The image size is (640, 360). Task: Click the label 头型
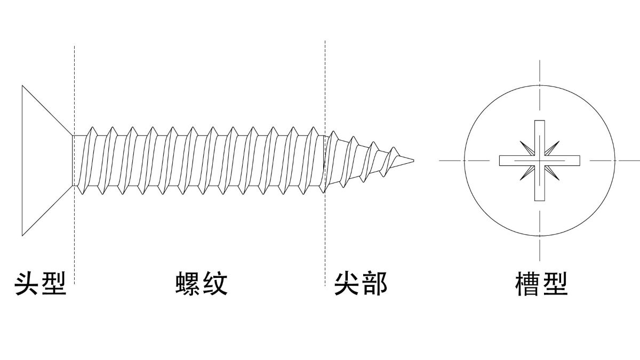[41, 284]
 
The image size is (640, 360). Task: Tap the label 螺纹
[202, 284]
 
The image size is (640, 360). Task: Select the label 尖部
[361, 284]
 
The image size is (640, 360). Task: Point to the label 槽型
[541, 284]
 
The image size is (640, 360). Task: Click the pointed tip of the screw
[414, 161]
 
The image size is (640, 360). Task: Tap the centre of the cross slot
[539, 161]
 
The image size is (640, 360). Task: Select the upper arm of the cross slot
[539, 138]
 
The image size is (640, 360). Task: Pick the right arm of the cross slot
[562, 161]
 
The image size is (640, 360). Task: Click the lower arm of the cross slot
[539, 183]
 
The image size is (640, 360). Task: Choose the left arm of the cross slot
[517, 161]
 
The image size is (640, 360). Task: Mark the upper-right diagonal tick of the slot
[552, 148]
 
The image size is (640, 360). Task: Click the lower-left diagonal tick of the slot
[527, 173]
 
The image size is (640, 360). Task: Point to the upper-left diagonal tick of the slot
[527, 148]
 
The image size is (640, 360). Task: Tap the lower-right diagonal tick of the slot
[552, 173]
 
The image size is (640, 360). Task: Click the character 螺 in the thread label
[188, 284]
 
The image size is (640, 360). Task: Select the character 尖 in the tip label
[347, 284]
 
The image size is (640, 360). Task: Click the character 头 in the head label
[27, 284]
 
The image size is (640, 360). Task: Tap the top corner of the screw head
[22, 85]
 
